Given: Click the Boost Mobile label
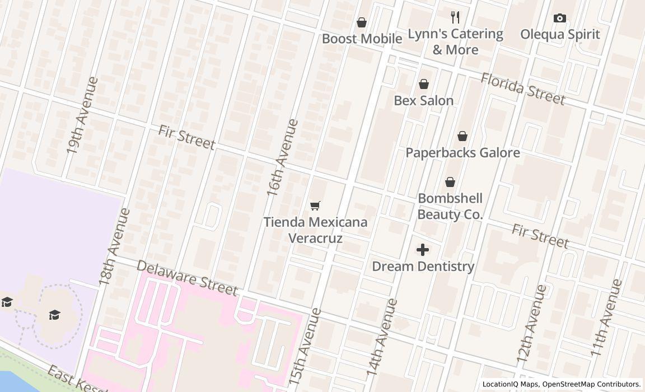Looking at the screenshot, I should pyautogui.click(x=362, y=39).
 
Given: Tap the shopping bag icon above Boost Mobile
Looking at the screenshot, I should pyautogui.click(x=362, y=22).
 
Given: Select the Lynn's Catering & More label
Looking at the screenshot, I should pyautogui.click(x=455, y=41).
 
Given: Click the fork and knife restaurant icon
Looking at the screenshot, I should pyautogui.click(x=455, y=17).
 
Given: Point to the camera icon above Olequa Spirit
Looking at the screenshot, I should pyautogui.click(x=559, y=18).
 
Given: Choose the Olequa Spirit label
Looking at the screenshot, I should pyautogui.click(x=560, y=34).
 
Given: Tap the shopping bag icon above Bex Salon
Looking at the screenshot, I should pyautogui.click(x=424, y=84).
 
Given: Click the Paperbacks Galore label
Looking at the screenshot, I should pyautogui.click(x=462, y=152).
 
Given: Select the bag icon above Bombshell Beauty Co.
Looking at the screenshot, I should pyautogui.click(x=450, y=182).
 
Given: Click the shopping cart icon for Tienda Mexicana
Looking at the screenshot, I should pyautogui.click(x=315, y=206).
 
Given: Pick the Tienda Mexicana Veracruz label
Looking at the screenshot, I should pyautogui.click(x=316, y=230).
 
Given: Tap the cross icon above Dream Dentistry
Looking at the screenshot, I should pyautogui.click(x=423, y=250).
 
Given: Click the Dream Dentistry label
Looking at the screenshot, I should pyautogui.click(x=423, y=266).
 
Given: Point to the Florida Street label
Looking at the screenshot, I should pyautogui.click(x=523, y=88).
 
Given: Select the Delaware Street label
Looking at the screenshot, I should pyautogui.click(x=187, y=277).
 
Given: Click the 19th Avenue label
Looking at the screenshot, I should pyautogui.click(x=82, y=115).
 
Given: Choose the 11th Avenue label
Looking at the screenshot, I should pyautogui.click(x=606, y=318).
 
